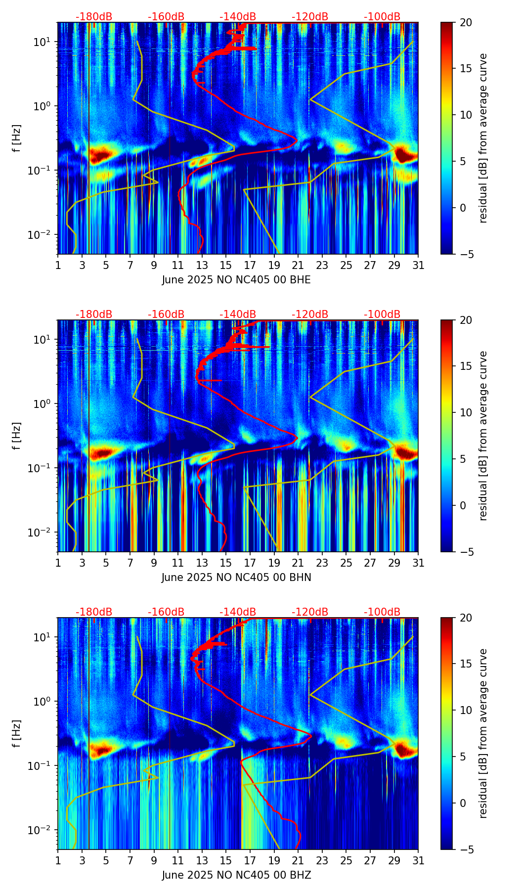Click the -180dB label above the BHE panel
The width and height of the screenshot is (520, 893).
[94, 17]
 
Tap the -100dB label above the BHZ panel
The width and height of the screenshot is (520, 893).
[382, 612]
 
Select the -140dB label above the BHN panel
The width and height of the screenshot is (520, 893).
[238, 314]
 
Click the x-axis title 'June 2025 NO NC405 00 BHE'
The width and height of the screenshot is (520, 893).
[236, 280]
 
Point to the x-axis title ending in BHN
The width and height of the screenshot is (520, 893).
[236, 578]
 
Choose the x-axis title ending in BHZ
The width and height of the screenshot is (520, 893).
[236, 875]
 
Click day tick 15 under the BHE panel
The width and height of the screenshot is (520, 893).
[226, 265]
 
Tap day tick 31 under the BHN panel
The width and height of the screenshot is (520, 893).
[418, 563]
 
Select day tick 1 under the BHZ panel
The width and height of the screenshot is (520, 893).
[58, 860]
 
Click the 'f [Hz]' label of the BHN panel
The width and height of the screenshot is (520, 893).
[17, 436]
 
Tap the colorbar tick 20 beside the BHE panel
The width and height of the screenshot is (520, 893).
[466, 22]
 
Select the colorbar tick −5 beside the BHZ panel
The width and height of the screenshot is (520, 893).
[466, 849]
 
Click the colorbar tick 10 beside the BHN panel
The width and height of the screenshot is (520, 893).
[466, 412]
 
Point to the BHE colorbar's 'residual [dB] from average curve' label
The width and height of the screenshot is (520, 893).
[483, 138]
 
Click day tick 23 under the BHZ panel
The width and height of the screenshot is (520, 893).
[322, 860]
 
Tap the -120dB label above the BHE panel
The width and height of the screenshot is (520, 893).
[310, 17]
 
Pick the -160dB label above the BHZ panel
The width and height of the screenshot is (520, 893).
[166, 612]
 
